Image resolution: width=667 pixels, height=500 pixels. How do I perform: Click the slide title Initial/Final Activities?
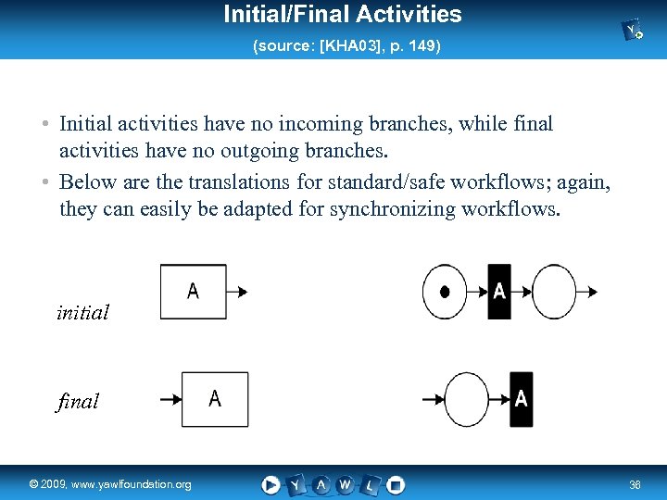click(342, 15)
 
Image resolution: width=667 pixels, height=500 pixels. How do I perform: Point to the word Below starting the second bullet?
click(88, 181)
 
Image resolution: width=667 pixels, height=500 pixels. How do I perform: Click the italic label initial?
click(82, 313)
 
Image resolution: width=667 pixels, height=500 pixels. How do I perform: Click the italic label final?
click(78, 402)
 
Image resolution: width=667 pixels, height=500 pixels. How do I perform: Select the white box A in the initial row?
click(193, 292)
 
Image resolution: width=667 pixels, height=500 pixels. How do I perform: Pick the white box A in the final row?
click(214, 399)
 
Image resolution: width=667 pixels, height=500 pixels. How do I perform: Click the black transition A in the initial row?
click(498, 292)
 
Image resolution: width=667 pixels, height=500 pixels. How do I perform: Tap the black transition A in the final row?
click(521, 399)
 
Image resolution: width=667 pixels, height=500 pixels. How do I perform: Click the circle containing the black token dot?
click(445, 292)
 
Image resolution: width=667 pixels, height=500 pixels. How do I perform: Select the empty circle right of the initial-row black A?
click(555, 292)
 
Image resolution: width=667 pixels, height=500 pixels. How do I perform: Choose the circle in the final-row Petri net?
click(468, 399)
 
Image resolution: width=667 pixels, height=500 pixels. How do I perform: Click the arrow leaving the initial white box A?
click(237, 292)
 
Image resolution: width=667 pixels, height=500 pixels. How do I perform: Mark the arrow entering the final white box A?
click(170, 399)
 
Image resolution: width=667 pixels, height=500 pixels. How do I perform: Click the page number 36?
click(636, 484)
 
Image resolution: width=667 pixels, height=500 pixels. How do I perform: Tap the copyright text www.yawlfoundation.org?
click(110, 484)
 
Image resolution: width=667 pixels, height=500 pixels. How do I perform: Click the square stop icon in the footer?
click(395, 484)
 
